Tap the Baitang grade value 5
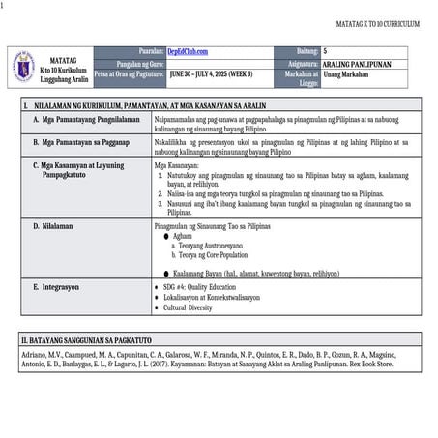pos(326,49)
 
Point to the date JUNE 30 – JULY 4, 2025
pos(211,73)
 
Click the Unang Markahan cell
pos(346,73)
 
